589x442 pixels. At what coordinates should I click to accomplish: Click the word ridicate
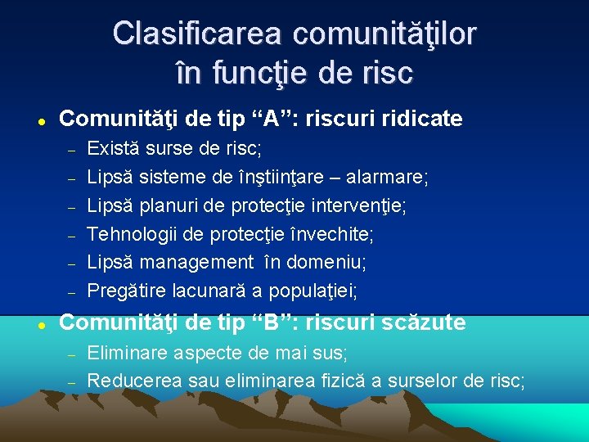419,119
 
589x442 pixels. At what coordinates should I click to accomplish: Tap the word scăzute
421,322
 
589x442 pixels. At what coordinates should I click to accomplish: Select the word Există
112,149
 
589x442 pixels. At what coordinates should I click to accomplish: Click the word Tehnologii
129,234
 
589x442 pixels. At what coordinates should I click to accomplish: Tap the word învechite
331,234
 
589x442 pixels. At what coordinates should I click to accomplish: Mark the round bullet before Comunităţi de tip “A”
39,120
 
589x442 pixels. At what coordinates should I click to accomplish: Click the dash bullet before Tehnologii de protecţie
71,235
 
